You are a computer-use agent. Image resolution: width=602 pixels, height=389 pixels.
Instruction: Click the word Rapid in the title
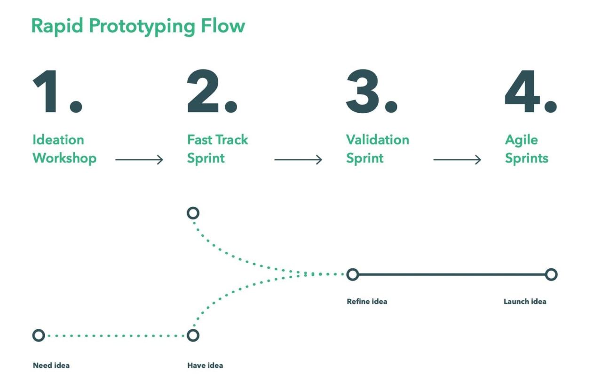[57, 26]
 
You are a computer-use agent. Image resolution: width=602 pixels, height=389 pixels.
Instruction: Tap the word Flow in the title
[223, 26]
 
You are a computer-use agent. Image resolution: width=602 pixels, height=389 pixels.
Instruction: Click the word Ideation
[58, 140]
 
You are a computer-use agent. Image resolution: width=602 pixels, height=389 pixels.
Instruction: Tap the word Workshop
[64, 158]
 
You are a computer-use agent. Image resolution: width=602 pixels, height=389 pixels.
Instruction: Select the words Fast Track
[218, 140]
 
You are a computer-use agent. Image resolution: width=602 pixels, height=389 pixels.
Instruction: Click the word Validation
[378, 140]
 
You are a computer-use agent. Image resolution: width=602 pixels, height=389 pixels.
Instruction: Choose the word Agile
[522, 140]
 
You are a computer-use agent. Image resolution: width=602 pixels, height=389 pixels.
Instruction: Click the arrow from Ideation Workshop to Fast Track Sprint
[139, 160]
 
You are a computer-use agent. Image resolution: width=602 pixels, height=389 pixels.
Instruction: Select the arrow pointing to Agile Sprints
[457, 160]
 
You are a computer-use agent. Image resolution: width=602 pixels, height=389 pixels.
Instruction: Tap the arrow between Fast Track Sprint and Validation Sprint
[298, 160]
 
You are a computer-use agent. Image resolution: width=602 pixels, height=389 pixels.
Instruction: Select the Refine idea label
[367, 302]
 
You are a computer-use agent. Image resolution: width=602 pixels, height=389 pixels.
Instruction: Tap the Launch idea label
[525, 302]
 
